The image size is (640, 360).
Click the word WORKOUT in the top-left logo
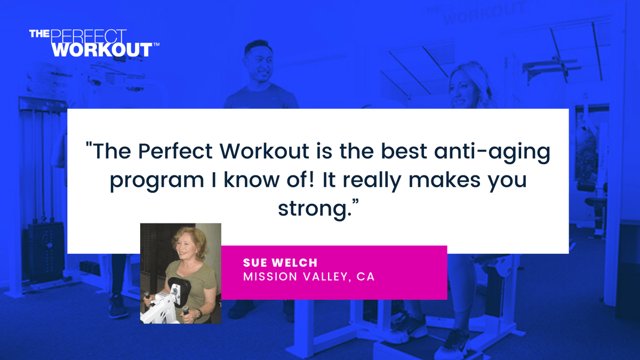click(102, 50)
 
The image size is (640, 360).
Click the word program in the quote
click(153, 181)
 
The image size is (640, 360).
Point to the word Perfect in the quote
click(176, 152)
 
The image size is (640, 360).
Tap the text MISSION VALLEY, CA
click(309, 277)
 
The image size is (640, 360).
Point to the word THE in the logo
click(39, 34)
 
